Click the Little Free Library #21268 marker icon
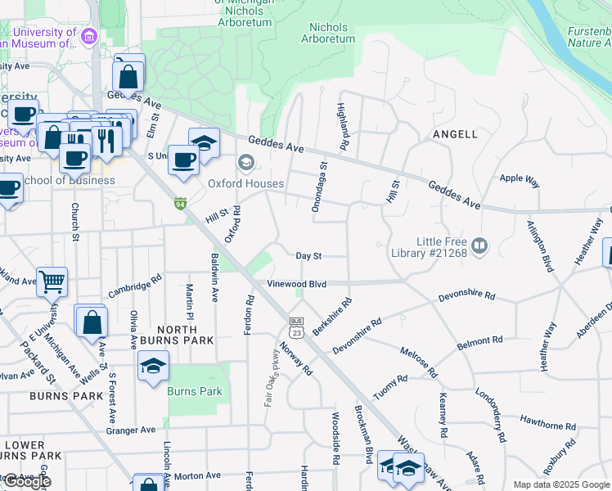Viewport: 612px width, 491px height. click(479, 245)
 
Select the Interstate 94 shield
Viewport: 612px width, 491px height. click(180, 203)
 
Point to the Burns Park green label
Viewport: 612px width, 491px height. click(195, 392)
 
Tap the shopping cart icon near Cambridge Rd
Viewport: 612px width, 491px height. click(51, 282)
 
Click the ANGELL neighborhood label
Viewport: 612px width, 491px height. click(455, 133)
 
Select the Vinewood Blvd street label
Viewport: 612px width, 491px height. click(297, 284)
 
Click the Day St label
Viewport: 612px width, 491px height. click(309, 256)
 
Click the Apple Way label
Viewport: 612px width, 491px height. click(520, 178)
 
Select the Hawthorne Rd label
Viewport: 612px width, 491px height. click(547, 426)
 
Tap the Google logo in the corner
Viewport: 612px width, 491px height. click(26, 481)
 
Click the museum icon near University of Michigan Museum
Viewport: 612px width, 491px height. click(89, 36)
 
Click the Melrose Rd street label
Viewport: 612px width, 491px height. click(418, 363)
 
